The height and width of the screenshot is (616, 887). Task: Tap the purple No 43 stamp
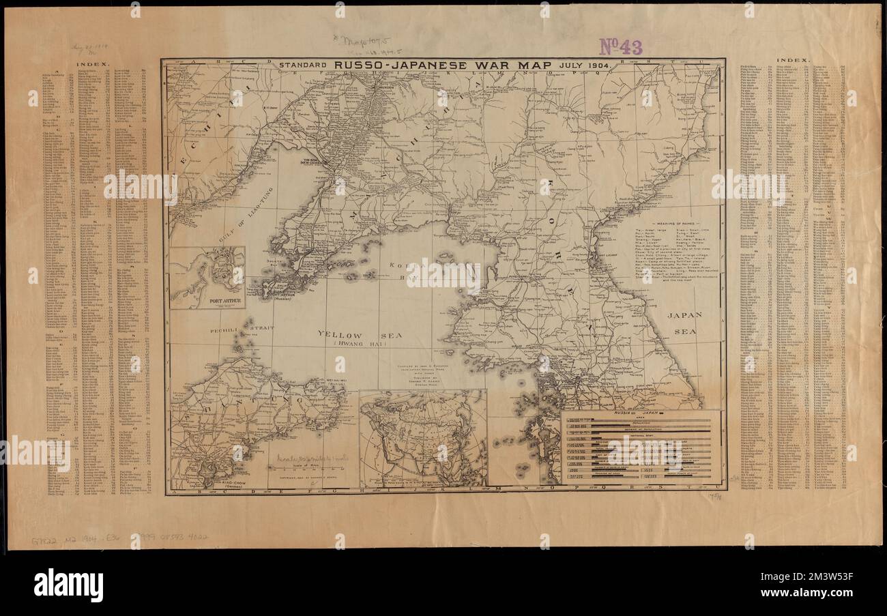[x=620, y=46]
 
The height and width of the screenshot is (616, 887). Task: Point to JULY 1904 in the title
[x=583, y=65]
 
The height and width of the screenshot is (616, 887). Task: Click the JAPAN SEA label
[x=684, y=321]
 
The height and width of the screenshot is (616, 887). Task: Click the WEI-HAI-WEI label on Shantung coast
[x=332, y=383]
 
